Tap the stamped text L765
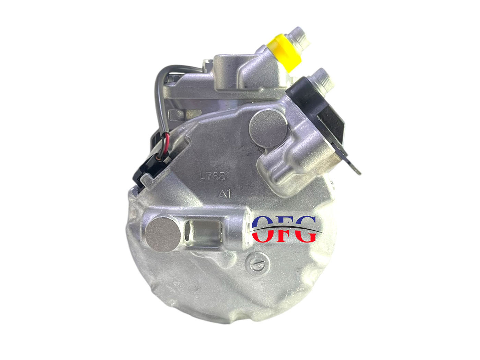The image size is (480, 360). click(x=212, y=176)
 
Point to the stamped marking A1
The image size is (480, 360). click(x=225, y=194)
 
